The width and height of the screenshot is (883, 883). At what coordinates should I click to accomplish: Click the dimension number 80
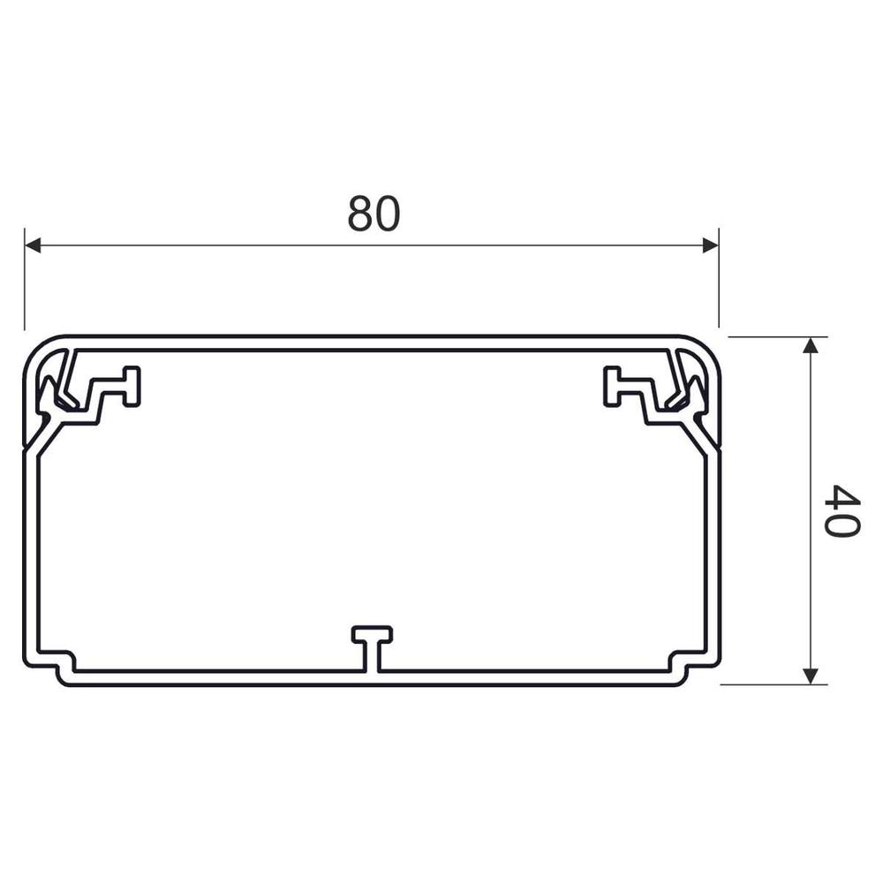(374, 214)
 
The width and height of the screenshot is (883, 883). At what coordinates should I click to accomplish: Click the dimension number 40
(841, 511)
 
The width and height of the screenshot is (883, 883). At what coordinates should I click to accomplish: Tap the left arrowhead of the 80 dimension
(33, 245)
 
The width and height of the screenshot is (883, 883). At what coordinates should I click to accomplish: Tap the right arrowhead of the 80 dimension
(710, 245)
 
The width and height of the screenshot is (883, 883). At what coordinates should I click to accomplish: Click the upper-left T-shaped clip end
(132, 387)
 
